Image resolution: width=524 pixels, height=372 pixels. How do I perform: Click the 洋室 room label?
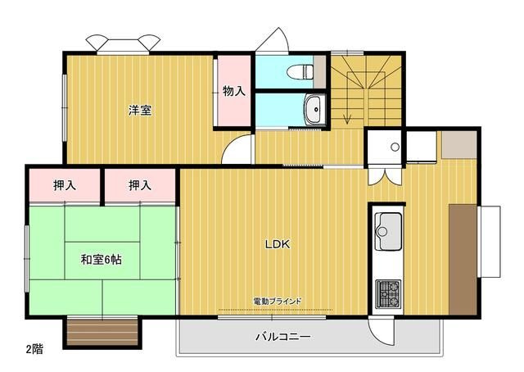[139, 111]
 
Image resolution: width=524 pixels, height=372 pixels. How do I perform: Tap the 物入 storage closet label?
[233, 91]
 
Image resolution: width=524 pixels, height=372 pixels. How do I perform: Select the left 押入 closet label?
[65, 186]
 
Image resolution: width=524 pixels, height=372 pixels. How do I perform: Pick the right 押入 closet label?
[140, 186]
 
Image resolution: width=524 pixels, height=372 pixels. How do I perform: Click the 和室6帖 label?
[102, 260]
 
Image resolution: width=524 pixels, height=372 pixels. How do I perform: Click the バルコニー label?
[282, 337]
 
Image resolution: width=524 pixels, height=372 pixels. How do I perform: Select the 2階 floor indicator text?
[34, 348]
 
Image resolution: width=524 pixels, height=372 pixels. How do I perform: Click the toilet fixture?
[305, 71]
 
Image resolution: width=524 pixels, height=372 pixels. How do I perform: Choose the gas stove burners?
[388, 293]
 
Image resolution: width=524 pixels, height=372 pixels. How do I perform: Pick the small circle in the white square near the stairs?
[395, 147]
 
